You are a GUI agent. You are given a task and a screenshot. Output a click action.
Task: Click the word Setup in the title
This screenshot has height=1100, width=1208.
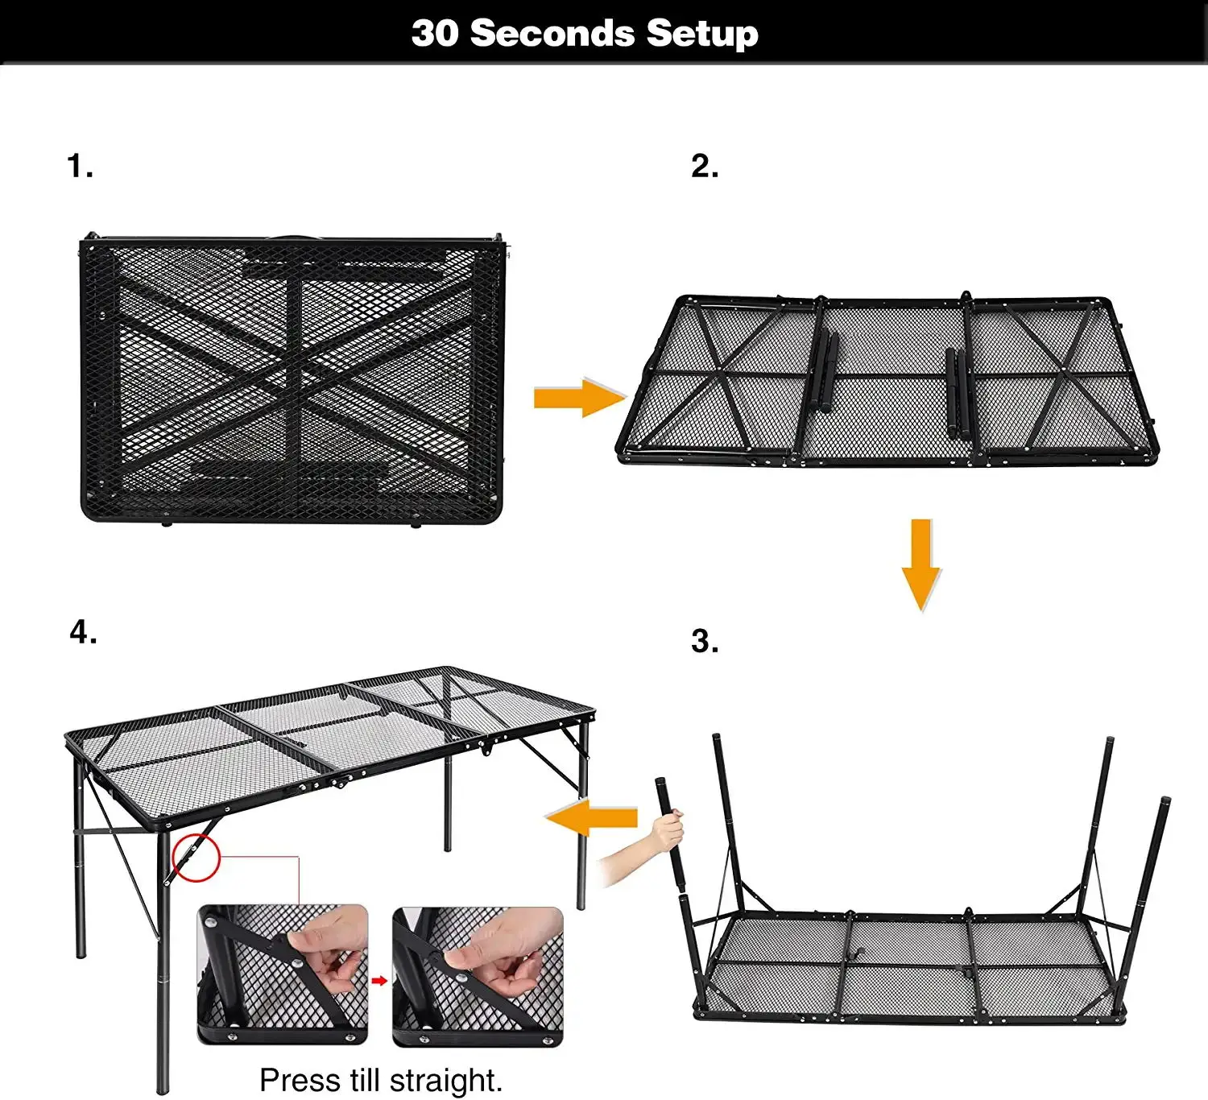(701, 34)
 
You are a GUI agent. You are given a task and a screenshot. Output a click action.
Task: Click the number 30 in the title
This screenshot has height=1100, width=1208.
(434, 34)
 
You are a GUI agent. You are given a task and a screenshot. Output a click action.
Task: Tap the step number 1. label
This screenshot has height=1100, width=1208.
(80, 167)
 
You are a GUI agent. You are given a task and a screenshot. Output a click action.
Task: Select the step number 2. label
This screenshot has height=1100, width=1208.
(705, 167)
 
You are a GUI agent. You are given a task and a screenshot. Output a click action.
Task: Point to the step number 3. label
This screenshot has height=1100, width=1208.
(705, 642)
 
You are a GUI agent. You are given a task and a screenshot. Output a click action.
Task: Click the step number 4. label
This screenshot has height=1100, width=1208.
(83, 633)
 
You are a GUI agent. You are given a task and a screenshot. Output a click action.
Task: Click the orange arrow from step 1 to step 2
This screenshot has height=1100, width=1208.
(579, 397)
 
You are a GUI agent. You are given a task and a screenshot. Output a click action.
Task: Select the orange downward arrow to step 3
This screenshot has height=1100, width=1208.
(920, 564)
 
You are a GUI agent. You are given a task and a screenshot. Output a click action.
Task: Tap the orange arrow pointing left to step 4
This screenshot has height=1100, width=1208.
(591, 819)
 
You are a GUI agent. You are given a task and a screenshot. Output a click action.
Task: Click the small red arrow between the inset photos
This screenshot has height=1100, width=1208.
(379, 980)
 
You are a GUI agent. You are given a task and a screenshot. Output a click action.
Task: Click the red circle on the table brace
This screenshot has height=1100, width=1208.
(196, 858)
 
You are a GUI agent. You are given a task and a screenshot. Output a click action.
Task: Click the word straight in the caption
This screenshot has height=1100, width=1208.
(443, 1080)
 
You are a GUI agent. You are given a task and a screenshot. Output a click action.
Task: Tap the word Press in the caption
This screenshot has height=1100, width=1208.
(300, 1080)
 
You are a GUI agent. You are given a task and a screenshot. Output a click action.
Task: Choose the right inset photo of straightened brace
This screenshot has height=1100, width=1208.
(478, 976)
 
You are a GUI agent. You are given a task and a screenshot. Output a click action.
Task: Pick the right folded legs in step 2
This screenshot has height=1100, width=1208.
(958, 394)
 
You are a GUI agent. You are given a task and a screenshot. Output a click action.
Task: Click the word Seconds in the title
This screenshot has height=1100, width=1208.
(552, 34)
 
